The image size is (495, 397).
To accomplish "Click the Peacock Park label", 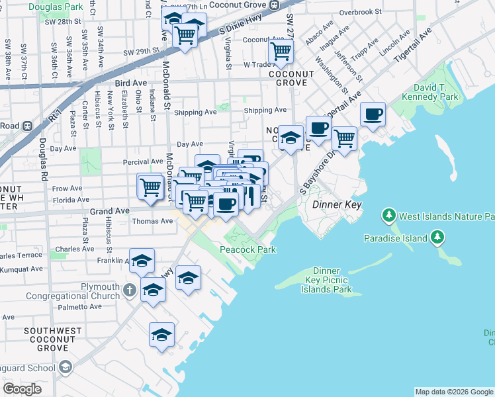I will [247, 249].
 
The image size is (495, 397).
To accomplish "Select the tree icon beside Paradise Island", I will [436, 237].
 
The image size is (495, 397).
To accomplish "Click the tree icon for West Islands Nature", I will [388, 216].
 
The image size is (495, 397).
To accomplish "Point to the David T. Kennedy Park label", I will [435, 92].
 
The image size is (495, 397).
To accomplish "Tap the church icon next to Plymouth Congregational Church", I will [130, 289].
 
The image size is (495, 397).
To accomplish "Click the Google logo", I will [22, 388].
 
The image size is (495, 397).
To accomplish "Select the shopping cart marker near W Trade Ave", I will [281, 52].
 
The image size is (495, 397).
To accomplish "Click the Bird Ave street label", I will [130, 83].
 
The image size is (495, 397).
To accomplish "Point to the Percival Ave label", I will [143, 161].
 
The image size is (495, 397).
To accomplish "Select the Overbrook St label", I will [360, 12].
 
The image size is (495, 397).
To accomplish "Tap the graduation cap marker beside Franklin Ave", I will [142, 261].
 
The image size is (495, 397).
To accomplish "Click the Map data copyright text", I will [454, 392].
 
